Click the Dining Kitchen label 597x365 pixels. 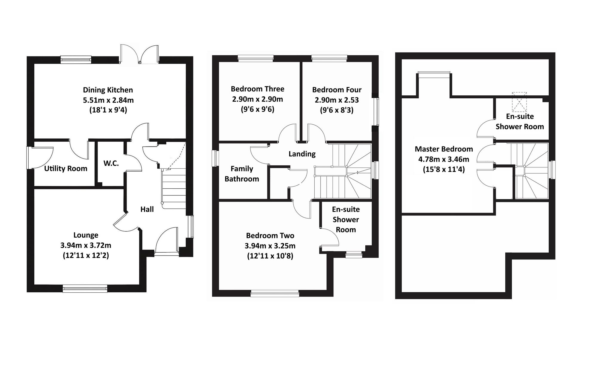click(x=108, y=90)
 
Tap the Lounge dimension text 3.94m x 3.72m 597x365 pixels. click(x=86, y=245)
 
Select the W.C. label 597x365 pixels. click(x=111, y=163)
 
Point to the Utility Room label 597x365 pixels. click(x=66, y=169)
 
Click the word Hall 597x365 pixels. click(x=147, y=209)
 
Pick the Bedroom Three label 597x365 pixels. click(x=257, y=89)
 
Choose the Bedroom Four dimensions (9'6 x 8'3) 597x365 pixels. click(x=336, y=110)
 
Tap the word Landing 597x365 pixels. click(x=302, y=154)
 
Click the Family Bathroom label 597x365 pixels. click(x=242, y=174)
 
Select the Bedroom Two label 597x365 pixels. click(x=270, y=236)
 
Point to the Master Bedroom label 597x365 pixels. click(x=444, y=149)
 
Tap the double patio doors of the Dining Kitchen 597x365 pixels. click(x=139, y=55)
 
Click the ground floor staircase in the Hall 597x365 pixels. click(x=174, y=187)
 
